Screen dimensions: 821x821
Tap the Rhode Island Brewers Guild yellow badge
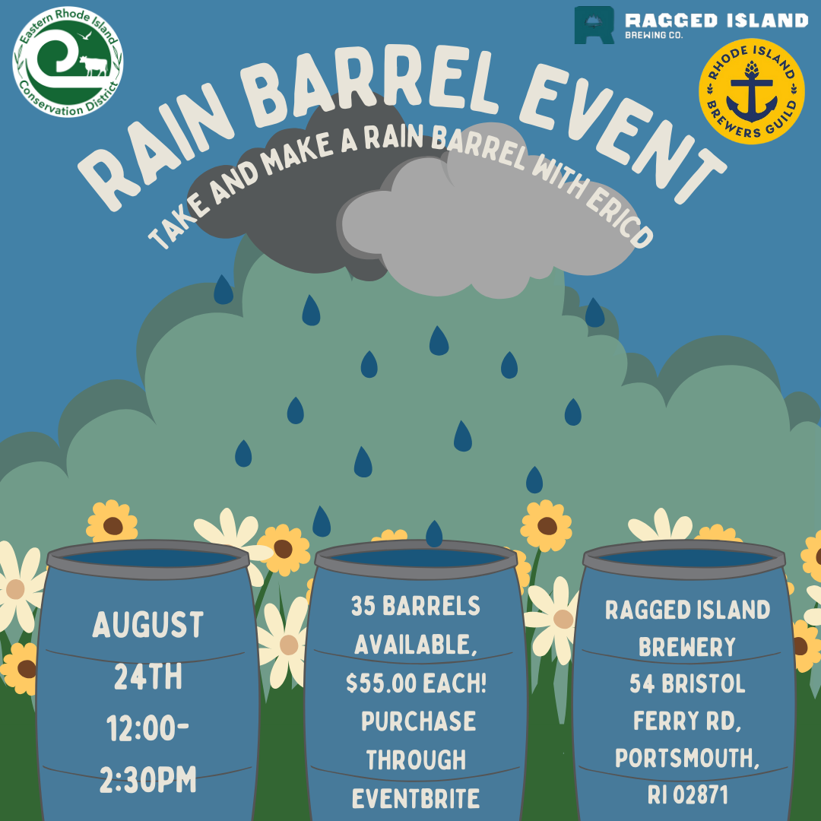pyautogui.click(x=751, y=90)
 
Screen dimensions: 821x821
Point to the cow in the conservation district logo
pyautogui.click(x=94, y=65)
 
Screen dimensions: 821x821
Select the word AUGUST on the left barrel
pyautogui.click(x=147, y=626)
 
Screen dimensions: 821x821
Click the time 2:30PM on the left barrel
pyautogui.click(x=147, y=780)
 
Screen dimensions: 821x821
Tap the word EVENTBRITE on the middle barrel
pyautogui.click(x=415, y=798)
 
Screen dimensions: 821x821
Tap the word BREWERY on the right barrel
pyautogui.click(x=686, y=647)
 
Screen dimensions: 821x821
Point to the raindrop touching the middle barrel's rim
pyautogui.click(x=433, y=534)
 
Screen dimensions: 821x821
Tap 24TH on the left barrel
pyautogui.click(x=147, y=677)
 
